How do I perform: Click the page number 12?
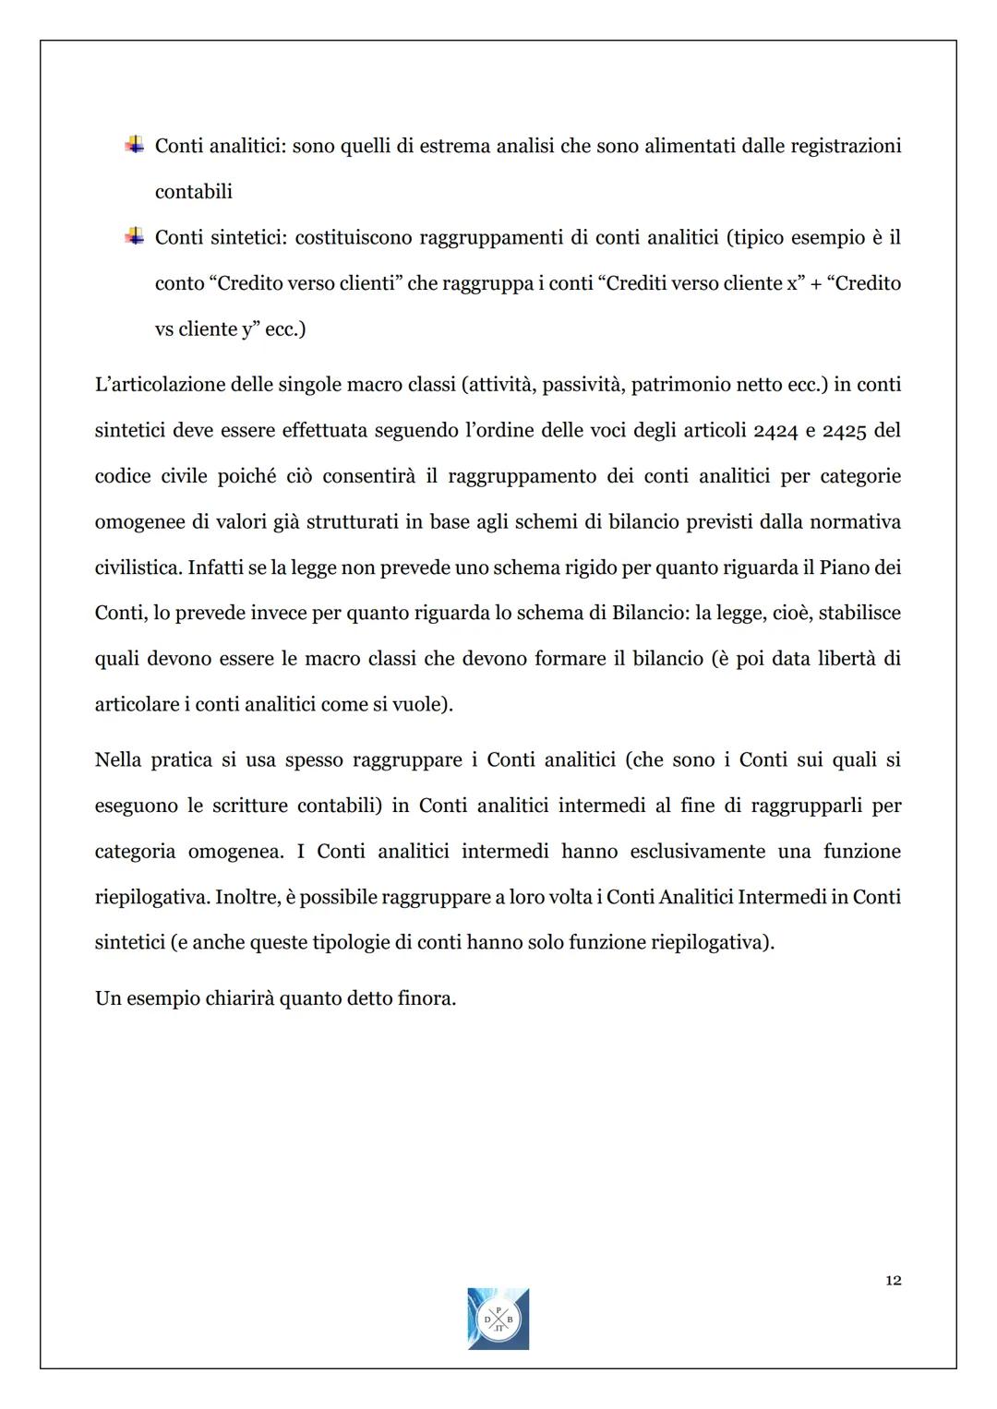coord(893,1280)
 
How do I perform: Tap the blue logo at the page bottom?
coord(498,1319)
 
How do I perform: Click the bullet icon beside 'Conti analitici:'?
coord(134,144)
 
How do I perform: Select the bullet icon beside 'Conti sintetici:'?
coord(134,236)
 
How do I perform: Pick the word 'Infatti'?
coord(215,567)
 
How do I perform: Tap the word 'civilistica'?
coord(137,567)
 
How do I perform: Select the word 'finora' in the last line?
coord(427,998)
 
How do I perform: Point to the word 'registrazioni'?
coord(846,146)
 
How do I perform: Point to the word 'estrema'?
coord(455,146)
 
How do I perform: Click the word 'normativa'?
coord(855,522)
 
